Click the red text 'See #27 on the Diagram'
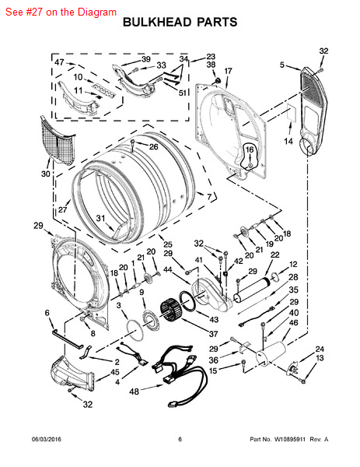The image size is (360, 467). pyautogui.click(x=61, y=12)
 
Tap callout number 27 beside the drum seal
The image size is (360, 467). pyautogui.click(x=63, y=209)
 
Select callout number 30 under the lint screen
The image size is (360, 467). pyautogui.click(x=46, y=174)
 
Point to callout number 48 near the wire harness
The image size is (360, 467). pyautogui.click(x=135, y=391)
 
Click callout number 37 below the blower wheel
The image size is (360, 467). pyautogui.click(x=213, y=334)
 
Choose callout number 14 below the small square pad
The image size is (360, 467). pyautogui.click(x=288, y=141)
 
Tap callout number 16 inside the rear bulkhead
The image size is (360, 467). pyautogui.click(x=250, y=149)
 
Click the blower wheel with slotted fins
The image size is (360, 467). pyautogui.click(x=172, y=311)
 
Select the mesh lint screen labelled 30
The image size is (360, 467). pyautogui.click(x=57, y=141)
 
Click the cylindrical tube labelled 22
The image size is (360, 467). pyautogui.click(x=252, y=289)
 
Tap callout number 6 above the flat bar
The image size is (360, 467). pyautogui.click(x=47, y=313)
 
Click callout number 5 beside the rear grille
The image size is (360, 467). pyautogui.click(x=282, y=65)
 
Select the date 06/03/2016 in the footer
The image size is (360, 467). pyautogui.click(x=47, y=439)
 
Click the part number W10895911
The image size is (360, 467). pyautogui.click(x=290, y=439)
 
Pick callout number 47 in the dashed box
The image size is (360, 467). pyautogui.click(x=59, y=62)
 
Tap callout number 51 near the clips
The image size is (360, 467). pyautogui.click(x=182, y=93)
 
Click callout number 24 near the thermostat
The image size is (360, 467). pyautogui.click(x=320, y=349)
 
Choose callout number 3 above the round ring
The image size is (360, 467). pyautogui.click(x=119, y=305)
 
